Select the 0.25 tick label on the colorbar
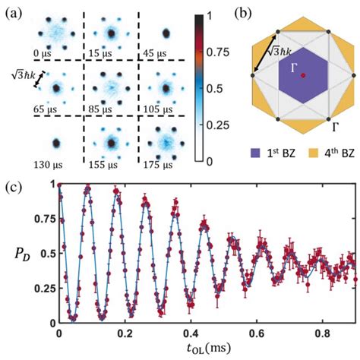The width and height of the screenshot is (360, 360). click(x=216, y=123)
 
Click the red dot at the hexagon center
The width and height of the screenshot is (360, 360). click(x=302, y=76)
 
